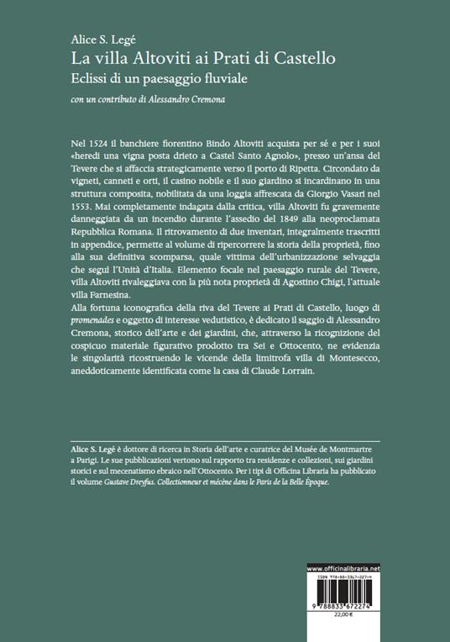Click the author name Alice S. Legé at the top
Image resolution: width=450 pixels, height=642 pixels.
99,39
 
